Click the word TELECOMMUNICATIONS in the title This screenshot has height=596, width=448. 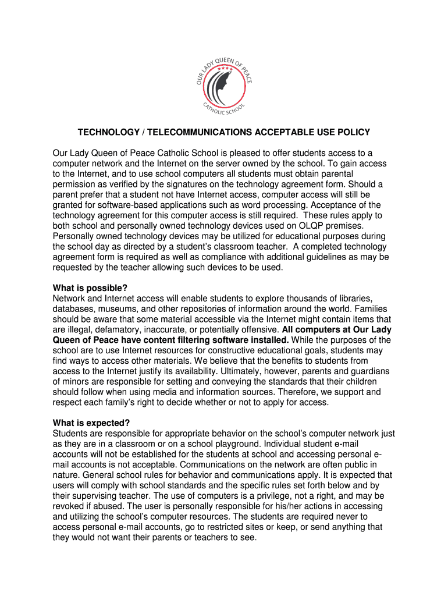click(x=194, y=132)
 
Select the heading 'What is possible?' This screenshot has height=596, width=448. click(x=90, y=288)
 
